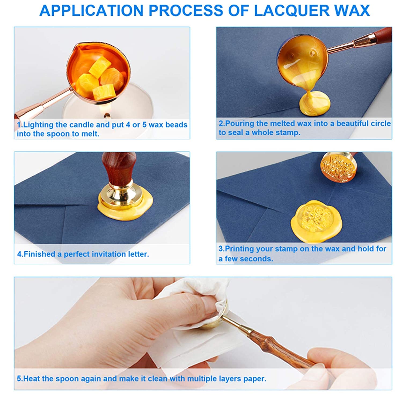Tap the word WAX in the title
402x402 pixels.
pyautogui.click(x=354, y=11)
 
